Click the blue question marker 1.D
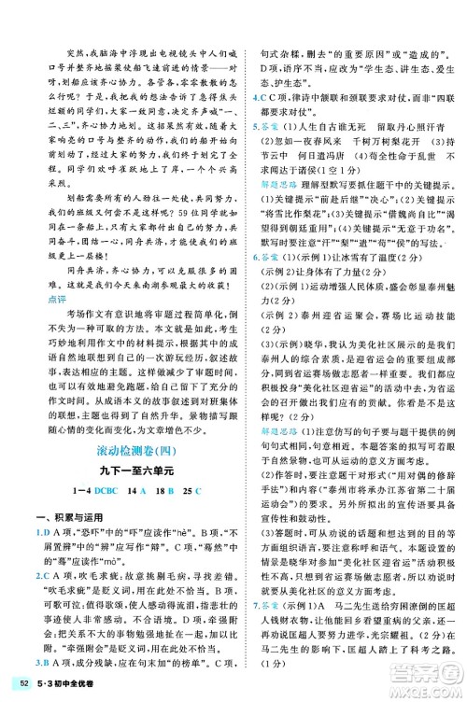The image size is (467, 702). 29,521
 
